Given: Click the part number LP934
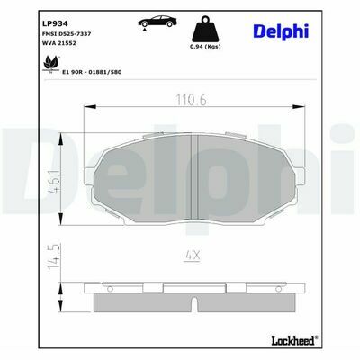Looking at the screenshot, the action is (56, 23).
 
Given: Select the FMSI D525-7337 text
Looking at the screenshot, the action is (67, 34).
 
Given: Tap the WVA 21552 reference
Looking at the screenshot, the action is (59, 43).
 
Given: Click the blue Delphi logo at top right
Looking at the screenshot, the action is (281, 31).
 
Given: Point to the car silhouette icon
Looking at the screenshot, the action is (157, 21).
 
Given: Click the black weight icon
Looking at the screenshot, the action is (205, 29).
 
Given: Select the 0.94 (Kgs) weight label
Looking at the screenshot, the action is (205, 47).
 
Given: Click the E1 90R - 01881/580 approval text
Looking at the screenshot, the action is (92, 72).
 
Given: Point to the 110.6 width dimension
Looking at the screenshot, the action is (192, 100).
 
